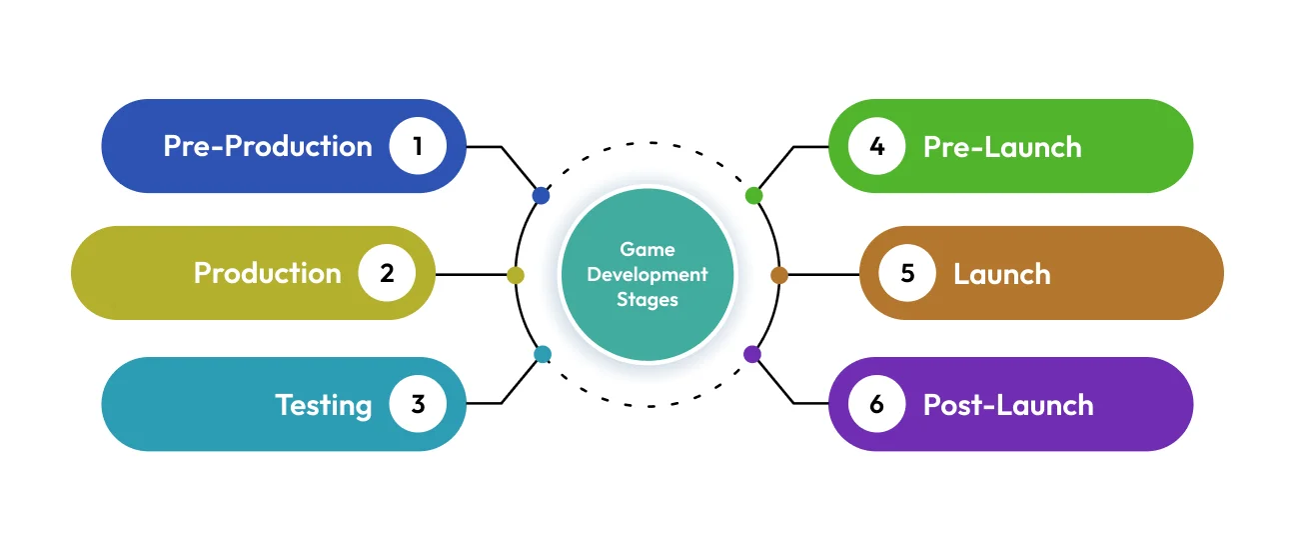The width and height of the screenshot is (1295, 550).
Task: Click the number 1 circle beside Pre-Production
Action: click(418, 146)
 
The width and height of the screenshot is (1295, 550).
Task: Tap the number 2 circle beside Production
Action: click(388, 273)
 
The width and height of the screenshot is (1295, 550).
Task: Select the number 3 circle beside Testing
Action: click(418, 404)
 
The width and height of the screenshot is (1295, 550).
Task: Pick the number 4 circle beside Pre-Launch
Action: click(877, 146)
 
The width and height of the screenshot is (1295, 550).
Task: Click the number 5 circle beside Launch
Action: click(907, 273)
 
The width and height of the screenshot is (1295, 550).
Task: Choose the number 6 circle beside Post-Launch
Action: click(877, 404)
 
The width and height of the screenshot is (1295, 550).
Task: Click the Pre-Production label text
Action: click(268, 146)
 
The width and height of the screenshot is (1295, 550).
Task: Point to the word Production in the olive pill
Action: click(268, 273)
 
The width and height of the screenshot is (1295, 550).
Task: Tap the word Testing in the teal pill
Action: click(324, 404)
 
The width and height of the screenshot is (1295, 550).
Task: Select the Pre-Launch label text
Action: click(1002, 147)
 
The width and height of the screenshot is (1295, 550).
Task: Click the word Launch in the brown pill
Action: click(1002, 274)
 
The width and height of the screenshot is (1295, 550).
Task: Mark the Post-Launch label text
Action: click(1008, 404)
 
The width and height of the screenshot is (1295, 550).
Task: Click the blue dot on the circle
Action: click(541, 196)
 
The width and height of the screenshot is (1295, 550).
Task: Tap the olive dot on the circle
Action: click(516, 275)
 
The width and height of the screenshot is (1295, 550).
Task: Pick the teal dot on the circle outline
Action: click(543, 354)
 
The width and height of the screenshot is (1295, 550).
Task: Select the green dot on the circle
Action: click(754, 196)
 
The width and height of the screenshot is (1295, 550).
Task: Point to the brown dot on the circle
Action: click(779, 275)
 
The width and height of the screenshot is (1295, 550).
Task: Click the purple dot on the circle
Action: click(752, 354)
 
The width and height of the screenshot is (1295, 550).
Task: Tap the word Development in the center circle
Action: click(647, 275)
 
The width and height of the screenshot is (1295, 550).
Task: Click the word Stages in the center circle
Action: click(647, 299)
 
